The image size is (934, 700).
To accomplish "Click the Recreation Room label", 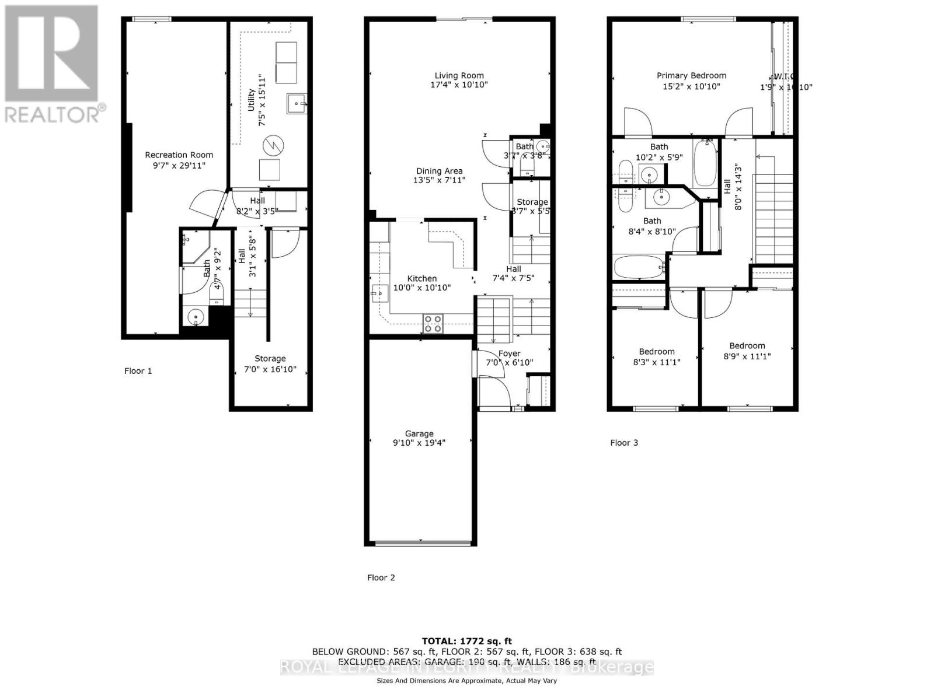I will click(x=179, y=155).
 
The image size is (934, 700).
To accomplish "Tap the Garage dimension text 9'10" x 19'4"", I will click(x=419, y=443).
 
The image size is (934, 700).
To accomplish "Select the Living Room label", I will click(x=459, y=76).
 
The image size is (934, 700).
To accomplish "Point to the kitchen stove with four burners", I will click(x=433, y=324).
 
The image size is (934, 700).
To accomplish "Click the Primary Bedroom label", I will click(x=691, y=76).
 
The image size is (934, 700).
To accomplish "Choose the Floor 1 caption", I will click(x=138, y=371).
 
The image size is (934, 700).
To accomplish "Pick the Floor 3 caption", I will click(x=624, y=443).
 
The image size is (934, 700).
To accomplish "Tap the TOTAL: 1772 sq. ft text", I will click(x=466, y=641).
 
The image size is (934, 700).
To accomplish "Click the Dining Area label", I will click(x=439, y=171).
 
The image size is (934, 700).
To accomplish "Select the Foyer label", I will click(x=509, y=354).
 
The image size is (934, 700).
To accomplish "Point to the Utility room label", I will click(x=251, y=100).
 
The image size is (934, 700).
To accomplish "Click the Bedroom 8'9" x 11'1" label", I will click(x=747, y=346).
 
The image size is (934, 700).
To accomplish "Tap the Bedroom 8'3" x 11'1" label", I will click(x=657, y=352).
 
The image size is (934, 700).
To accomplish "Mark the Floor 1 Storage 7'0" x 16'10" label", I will click(x=270, y=359).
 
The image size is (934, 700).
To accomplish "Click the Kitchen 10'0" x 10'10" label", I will click(x=421, y=279).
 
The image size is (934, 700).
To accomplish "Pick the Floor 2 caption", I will click(x=381, y=577).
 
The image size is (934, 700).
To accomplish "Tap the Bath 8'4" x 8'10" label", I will click(x=652, y=221).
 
